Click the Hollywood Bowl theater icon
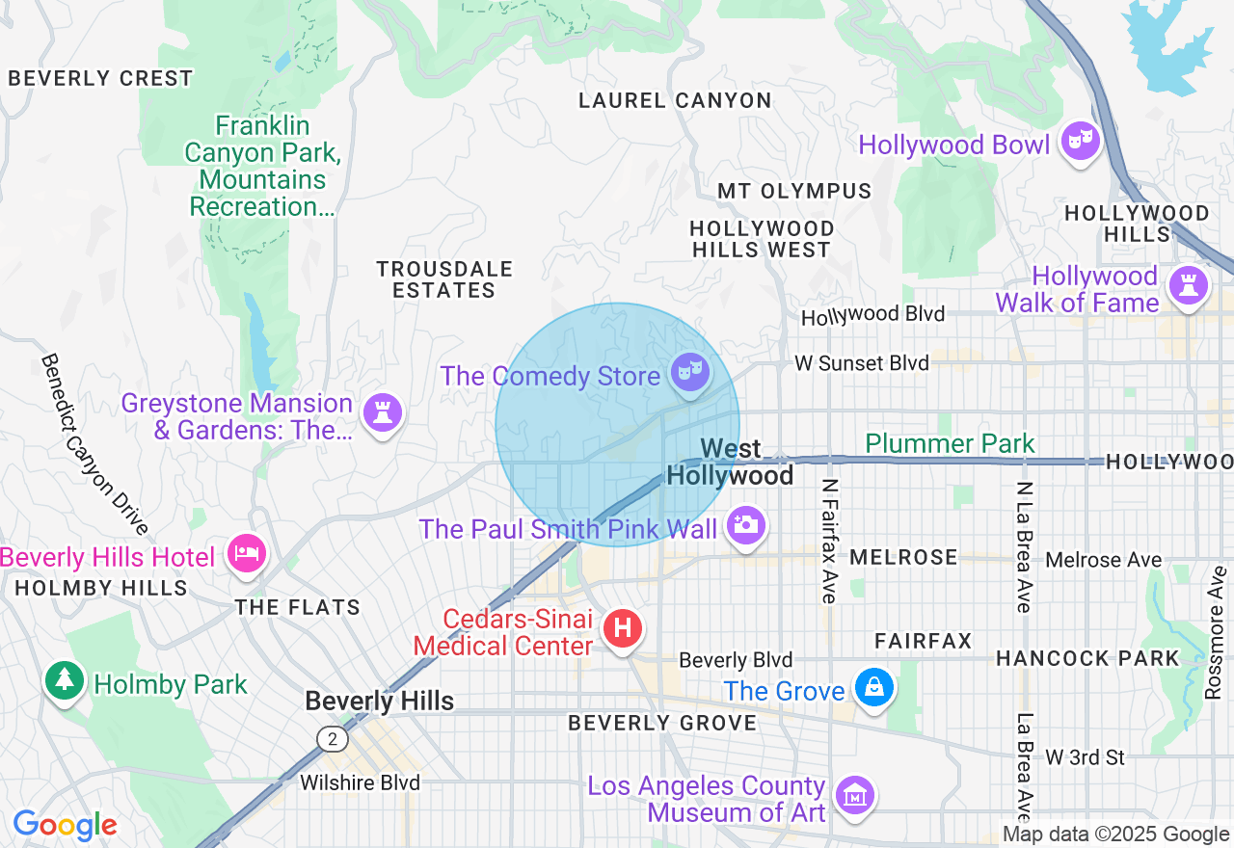pos(1079,143)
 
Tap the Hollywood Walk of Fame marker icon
pos(1188,286)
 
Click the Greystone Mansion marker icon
pos(382,413)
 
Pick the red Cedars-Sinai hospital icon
pos(622,629)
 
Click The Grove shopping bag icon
pos(873,688)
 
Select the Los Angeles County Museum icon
pos(854,796)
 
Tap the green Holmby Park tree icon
pos(64,680)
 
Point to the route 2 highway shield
pos(333,739)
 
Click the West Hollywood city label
pos(730,462)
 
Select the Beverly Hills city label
pos(379,701)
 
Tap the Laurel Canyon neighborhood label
pos(675,100)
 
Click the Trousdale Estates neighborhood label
pos(444,279)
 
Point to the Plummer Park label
pos(950,443)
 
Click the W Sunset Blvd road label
pos(861,363)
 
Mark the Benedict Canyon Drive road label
pos(94,444)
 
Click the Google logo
pos(65,826)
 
